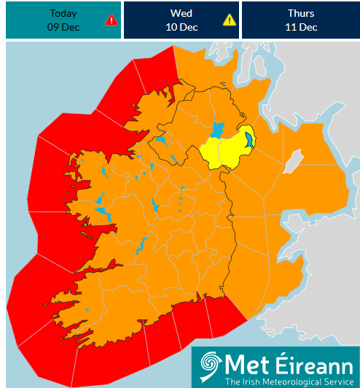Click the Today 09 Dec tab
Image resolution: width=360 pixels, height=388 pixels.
(63, 20)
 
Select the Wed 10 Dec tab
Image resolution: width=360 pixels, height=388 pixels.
(181, 20)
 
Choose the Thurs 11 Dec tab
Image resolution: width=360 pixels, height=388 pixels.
(300, 20)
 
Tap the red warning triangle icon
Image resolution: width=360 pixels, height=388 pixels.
(111, 20)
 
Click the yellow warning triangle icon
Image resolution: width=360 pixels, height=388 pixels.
(230, 20)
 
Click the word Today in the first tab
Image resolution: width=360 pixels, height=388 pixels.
(63, 14)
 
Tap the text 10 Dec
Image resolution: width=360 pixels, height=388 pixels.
(181, 28)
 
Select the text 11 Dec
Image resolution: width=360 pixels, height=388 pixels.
(301, 28)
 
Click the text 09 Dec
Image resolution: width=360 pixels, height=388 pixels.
(63, 28)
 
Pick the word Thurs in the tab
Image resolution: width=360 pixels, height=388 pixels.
(301, 14)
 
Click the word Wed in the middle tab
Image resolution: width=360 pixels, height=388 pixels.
(181, 14)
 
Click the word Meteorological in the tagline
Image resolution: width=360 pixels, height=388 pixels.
(289, 381)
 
